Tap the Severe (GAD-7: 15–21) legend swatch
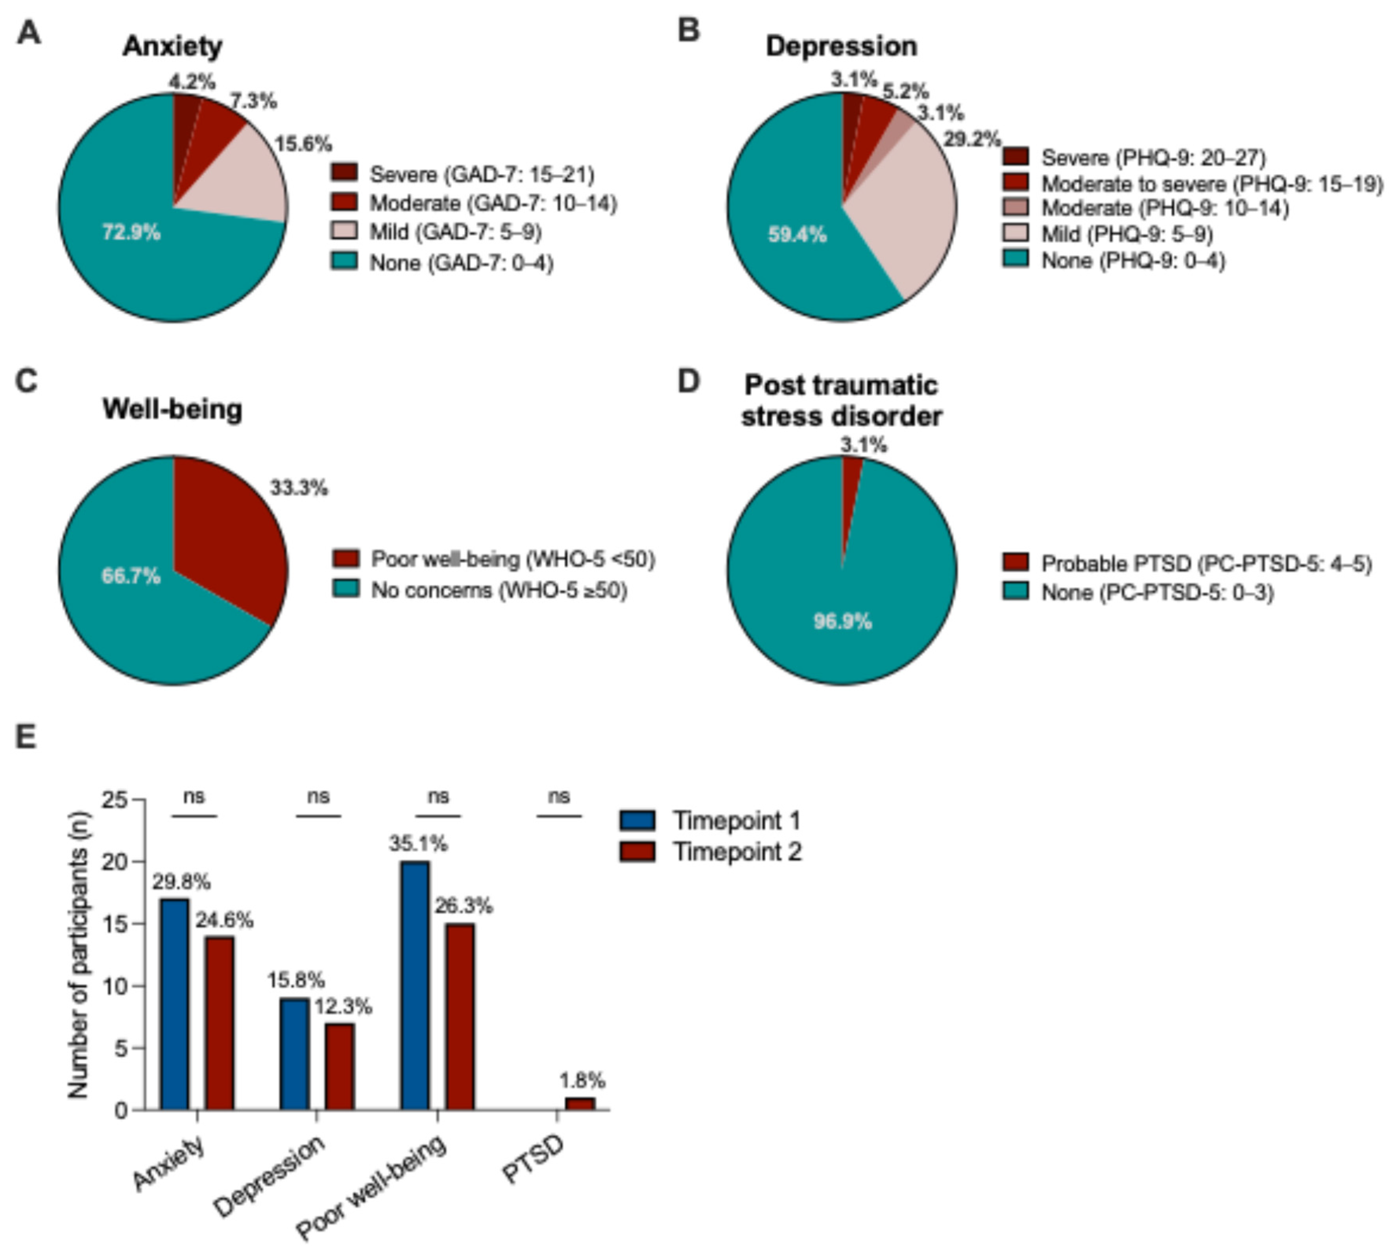click(x=343, y=173)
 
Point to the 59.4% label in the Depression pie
click(x=797, y=235)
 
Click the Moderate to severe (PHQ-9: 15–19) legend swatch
click(x=1015, y=183)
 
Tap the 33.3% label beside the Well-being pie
click(x=299, y=488)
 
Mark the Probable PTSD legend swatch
click(x=1015, y=563)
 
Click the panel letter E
click(x=26, y=738)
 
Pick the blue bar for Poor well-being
click(x=415, y=985)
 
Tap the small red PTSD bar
click(x=580, y=1103)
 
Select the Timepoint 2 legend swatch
click(x=637, y=852)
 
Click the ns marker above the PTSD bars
click(x=559, y=797)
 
